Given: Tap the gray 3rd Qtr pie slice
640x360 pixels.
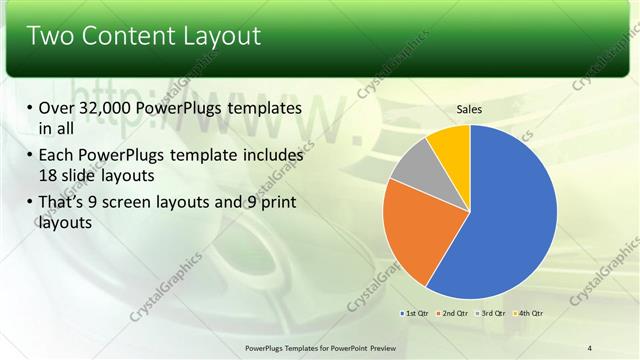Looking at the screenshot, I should (413, 164).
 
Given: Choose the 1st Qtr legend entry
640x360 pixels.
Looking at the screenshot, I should (417, 314).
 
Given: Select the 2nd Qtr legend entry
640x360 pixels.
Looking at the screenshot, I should (455, 314).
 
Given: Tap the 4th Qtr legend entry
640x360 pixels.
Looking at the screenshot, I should (531, 314).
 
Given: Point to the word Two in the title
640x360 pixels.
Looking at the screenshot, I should (47, 37).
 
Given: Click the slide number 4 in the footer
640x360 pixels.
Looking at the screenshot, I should (590, 347).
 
